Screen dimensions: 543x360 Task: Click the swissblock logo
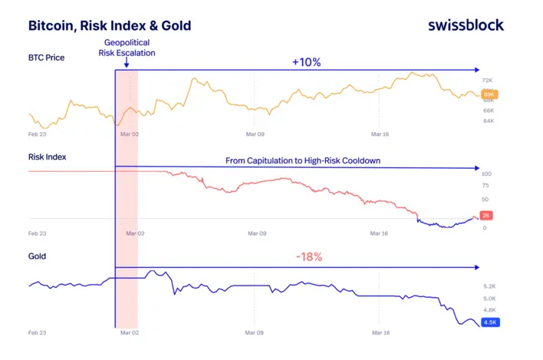[466, 25]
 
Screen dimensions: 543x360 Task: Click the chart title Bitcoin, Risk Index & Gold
[110, 25]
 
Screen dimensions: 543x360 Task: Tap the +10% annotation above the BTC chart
[307, 62]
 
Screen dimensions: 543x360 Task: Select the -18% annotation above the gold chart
[309, 256]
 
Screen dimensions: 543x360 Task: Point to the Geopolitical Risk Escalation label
[127, 48]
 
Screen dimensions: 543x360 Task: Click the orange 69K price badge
[489, 94]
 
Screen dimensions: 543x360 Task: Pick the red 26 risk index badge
[485, 216]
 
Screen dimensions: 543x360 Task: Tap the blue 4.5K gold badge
[490, 322]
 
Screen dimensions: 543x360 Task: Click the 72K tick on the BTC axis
[487, 81]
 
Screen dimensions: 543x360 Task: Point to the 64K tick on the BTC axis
[489, 121]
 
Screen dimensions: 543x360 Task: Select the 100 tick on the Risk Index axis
[486, 174]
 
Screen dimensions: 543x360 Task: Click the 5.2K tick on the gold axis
[489, 286]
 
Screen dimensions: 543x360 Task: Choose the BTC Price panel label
[47, 58]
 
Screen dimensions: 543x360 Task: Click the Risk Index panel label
[47, 157]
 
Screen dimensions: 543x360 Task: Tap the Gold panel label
[37, 256]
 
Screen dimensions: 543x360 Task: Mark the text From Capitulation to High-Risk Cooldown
[303, 160]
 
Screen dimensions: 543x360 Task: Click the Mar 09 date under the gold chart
[254, 332]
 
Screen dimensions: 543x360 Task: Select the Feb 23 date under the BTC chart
[37, 134]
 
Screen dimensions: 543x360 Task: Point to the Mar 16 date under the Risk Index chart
[379, 233]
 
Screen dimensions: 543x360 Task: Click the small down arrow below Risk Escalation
[127, 62]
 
